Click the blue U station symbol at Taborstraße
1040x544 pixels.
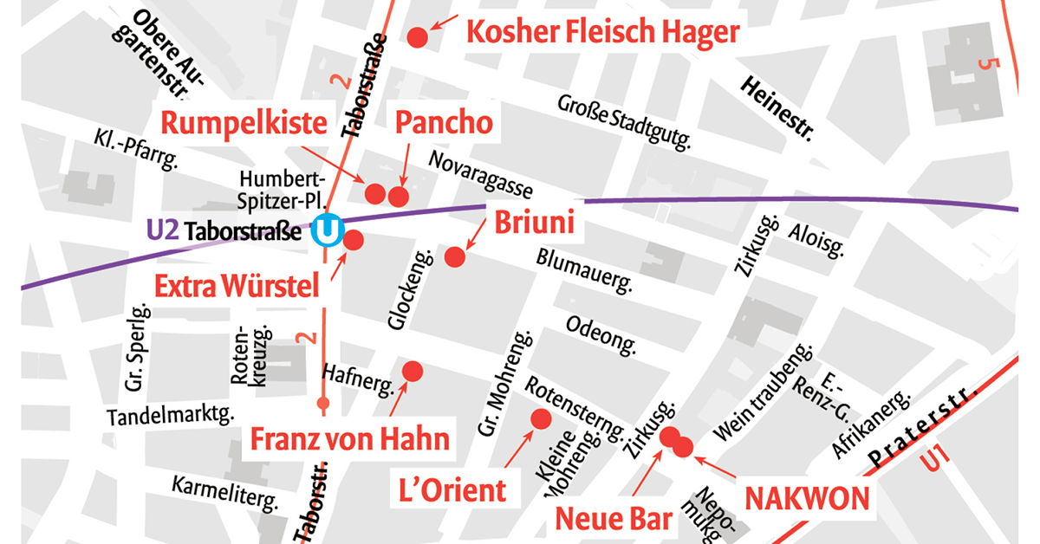point(329,231)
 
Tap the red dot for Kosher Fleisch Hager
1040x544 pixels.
point(417,37)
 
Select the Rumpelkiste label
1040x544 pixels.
point(244,123)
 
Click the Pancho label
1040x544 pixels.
point(444,123)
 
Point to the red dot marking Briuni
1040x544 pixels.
point(455,256)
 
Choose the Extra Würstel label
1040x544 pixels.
point(237,285)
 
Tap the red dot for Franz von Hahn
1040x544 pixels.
point(413,371)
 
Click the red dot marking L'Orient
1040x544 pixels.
point(541,419)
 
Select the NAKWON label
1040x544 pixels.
point(807,498)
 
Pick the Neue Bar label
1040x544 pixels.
point(614,519)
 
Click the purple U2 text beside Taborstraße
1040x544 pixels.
point(163,230)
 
